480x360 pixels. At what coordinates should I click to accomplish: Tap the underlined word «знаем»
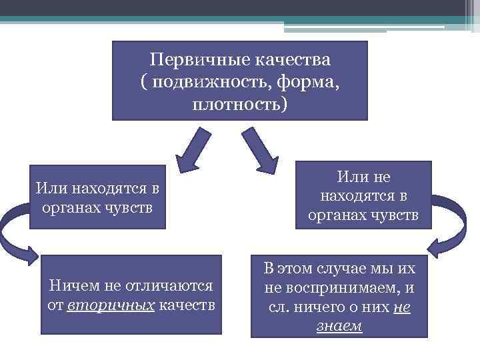click(x=340, y=327)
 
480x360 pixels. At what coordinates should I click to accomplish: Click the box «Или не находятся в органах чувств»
click(x=363, y=195)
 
